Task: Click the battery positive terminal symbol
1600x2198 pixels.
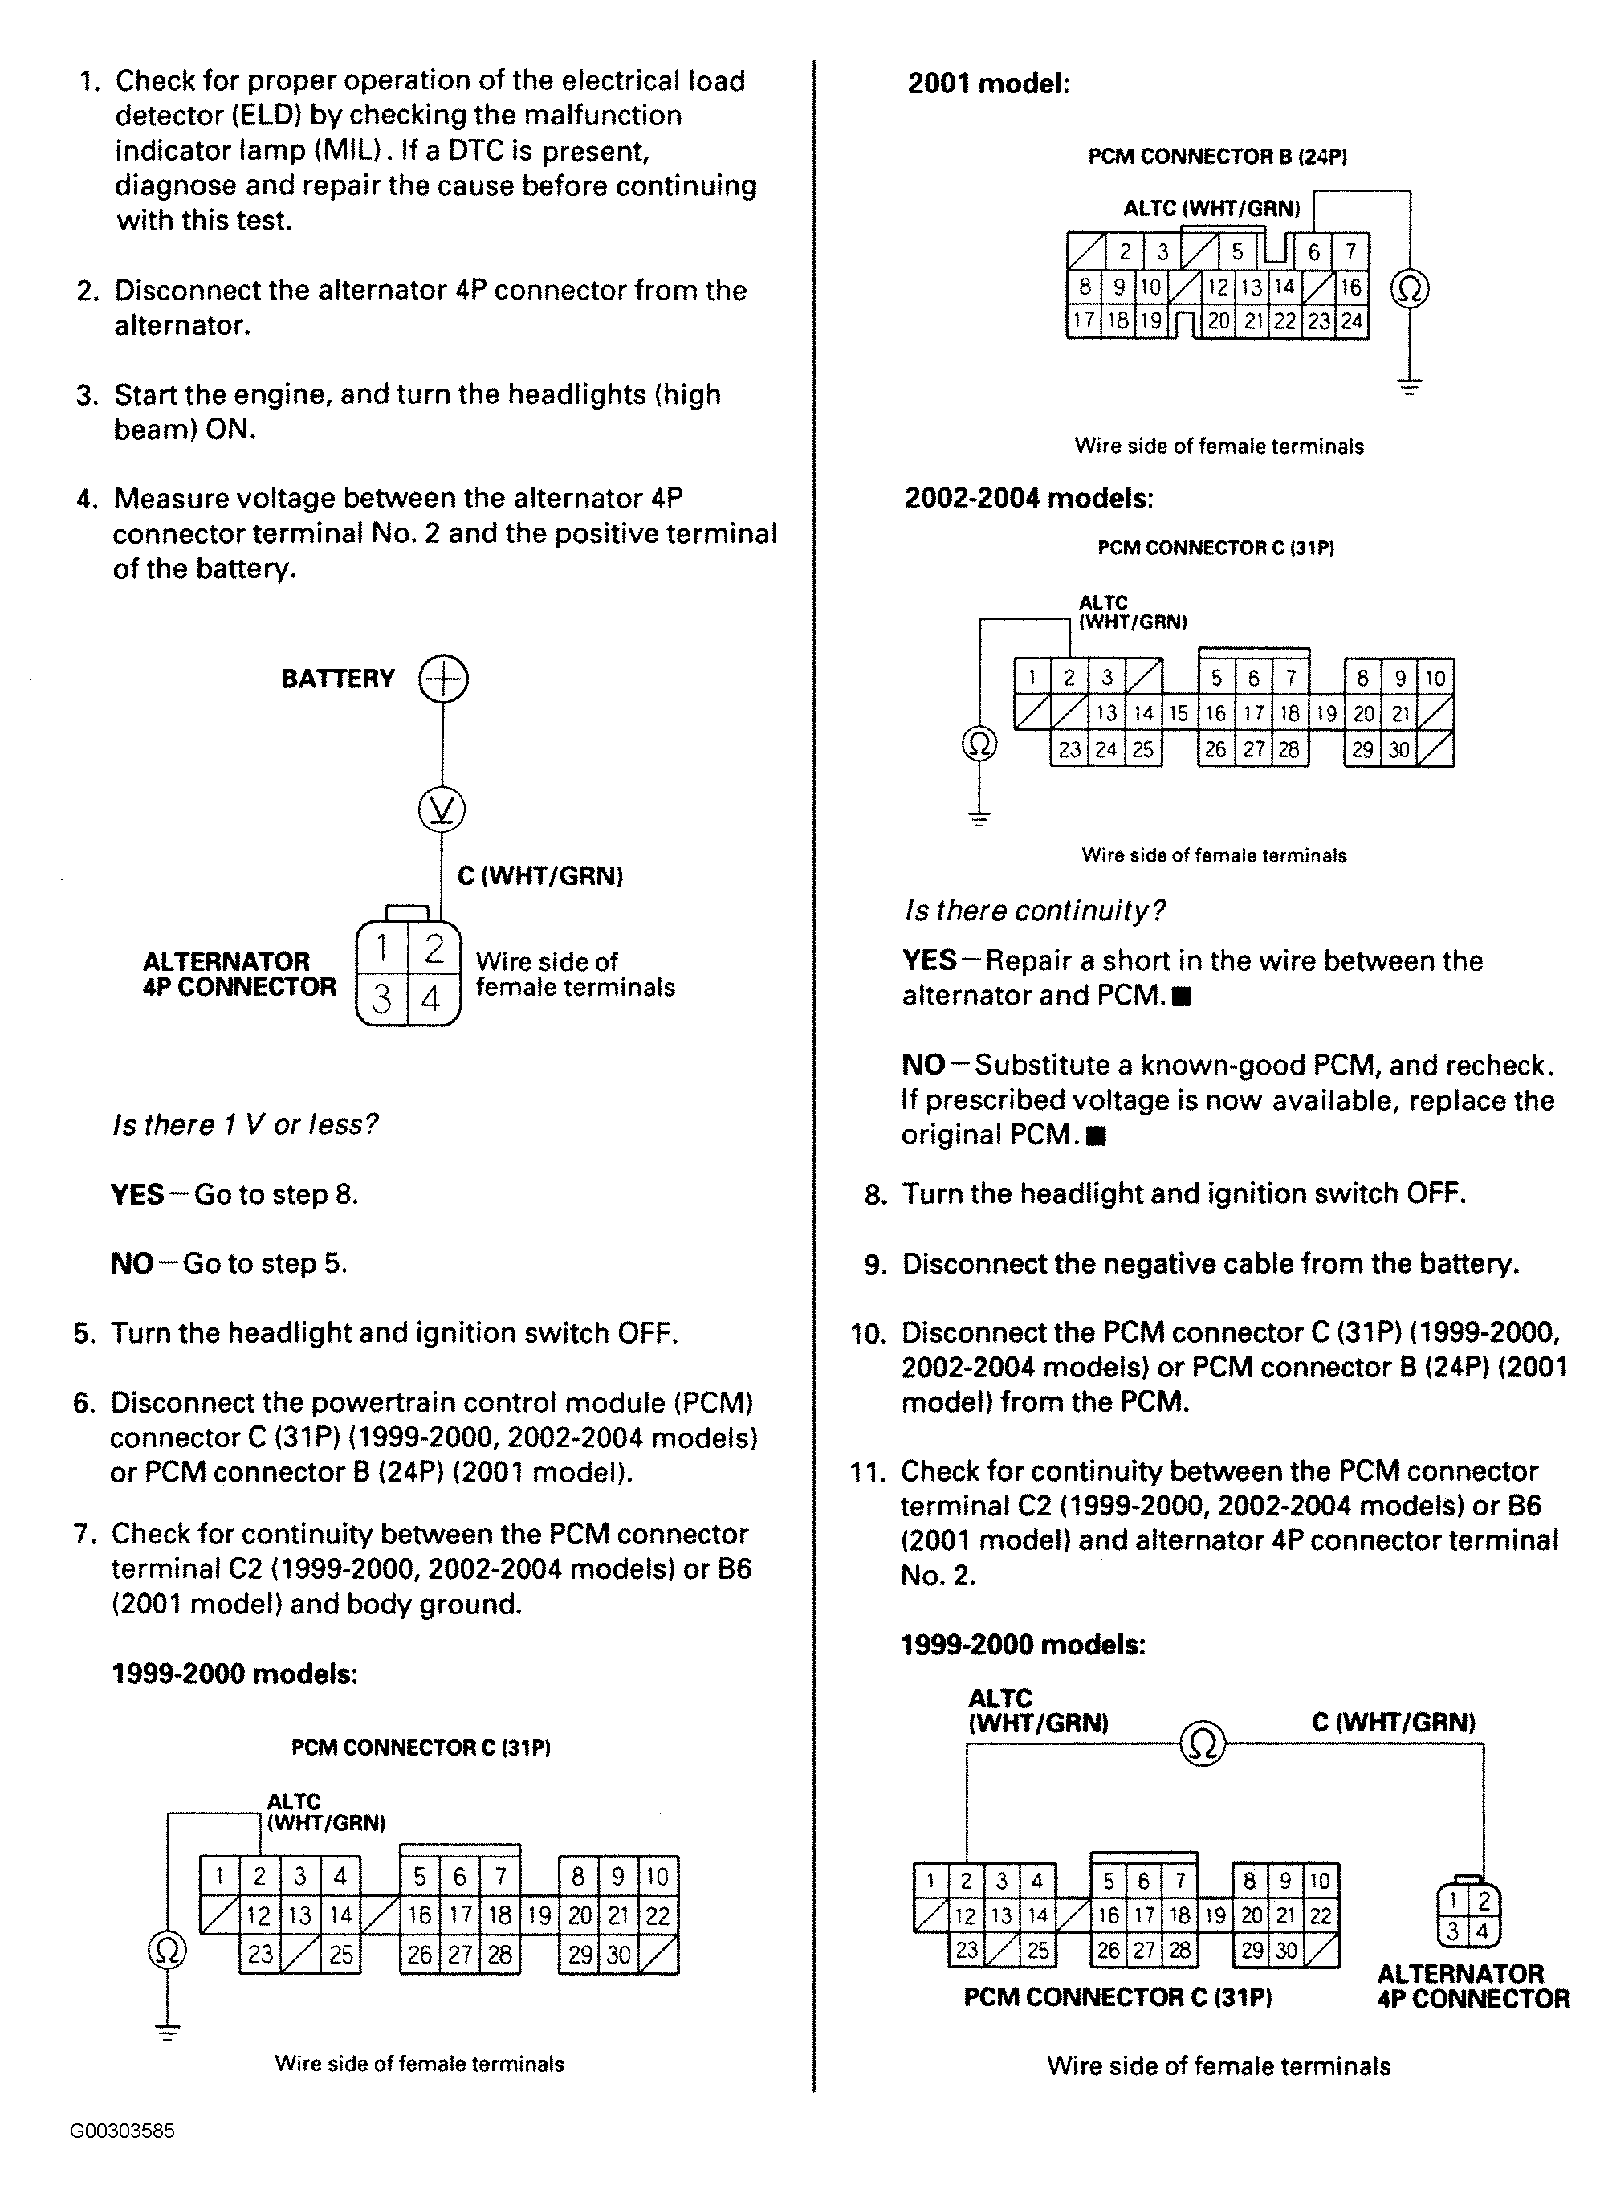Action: pos(443,679)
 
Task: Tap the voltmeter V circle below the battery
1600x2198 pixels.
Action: pos(442,809)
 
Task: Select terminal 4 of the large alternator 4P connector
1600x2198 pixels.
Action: pos(431,997)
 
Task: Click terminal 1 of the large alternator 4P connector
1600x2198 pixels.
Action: pos(383,947)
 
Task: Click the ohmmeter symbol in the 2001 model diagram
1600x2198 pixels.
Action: pos(1410,289)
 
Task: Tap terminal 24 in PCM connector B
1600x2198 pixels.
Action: pos(1351,320)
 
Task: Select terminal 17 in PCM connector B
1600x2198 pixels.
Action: pos(1084,320)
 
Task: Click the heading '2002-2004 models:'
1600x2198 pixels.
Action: pos(1028,498)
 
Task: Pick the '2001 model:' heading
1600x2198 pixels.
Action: pos(988,84)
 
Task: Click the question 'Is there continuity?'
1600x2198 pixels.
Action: pos(1034,911)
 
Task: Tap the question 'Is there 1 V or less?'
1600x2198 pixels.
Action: pos(245,1124)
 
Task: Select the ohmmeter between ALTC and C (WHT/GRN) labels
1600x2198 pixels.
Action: pos(1202,1745)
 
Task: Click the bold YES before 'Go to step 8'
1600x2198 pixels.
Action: pos(136,1194)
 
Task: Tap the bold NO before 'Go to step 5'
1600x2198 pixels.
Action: pos(132,1264)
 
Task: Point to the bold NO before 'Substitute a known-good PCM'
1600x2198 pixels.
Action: pos(922,1065)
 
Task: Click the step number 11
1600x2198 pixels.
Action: pos(867,1472)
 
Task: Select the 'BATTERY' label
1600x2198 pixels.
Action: pos(338,679)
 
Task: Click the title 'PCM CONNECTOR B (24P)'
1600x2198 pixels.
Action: pos(1217,156)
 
